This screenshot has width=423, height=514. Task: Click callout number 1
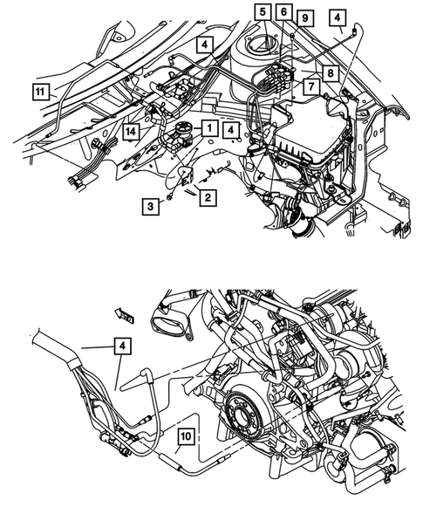point(209,128)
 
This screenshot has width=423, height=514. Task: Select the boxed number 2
point(207,198)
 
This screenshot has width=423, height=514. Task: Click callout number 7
point(309,86)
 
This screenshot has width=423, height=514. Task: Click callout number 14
point(130,131)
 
